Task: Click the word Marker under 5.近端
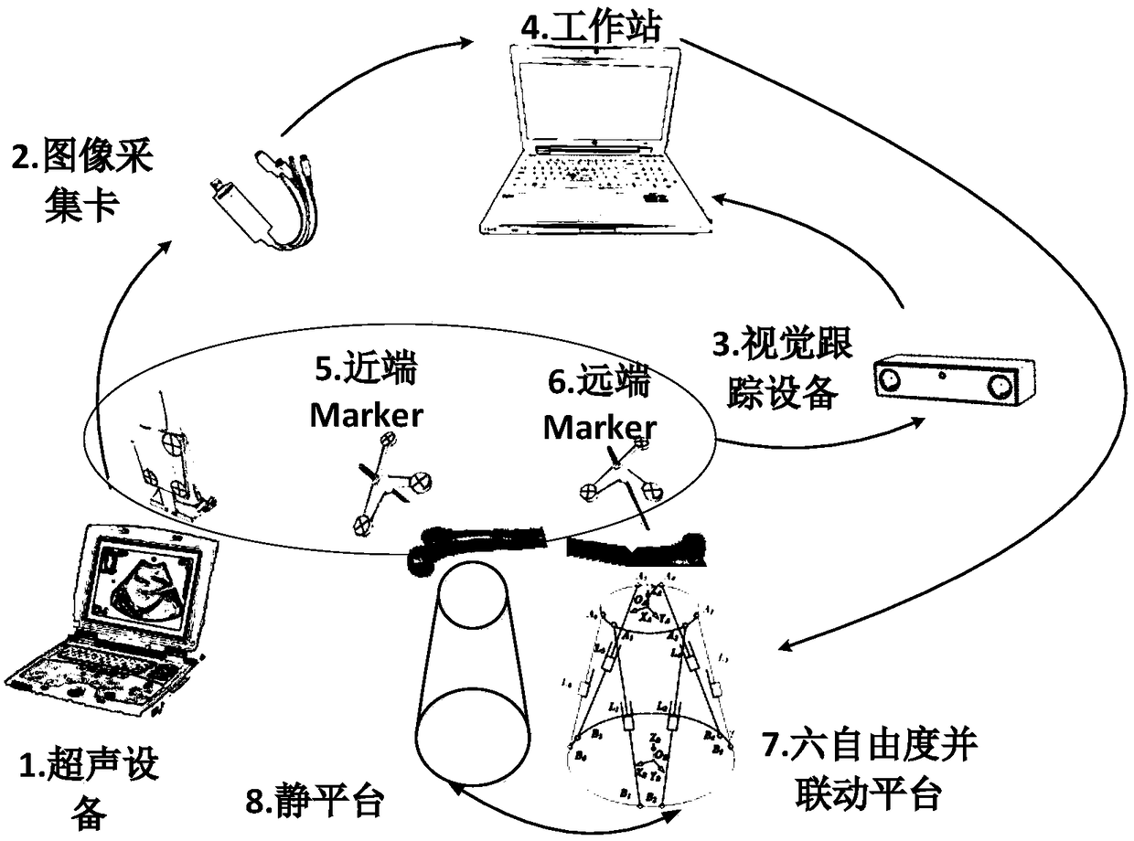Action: [x=367, y=415]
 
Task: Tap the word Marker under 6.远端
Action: [x=599, y=427]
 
